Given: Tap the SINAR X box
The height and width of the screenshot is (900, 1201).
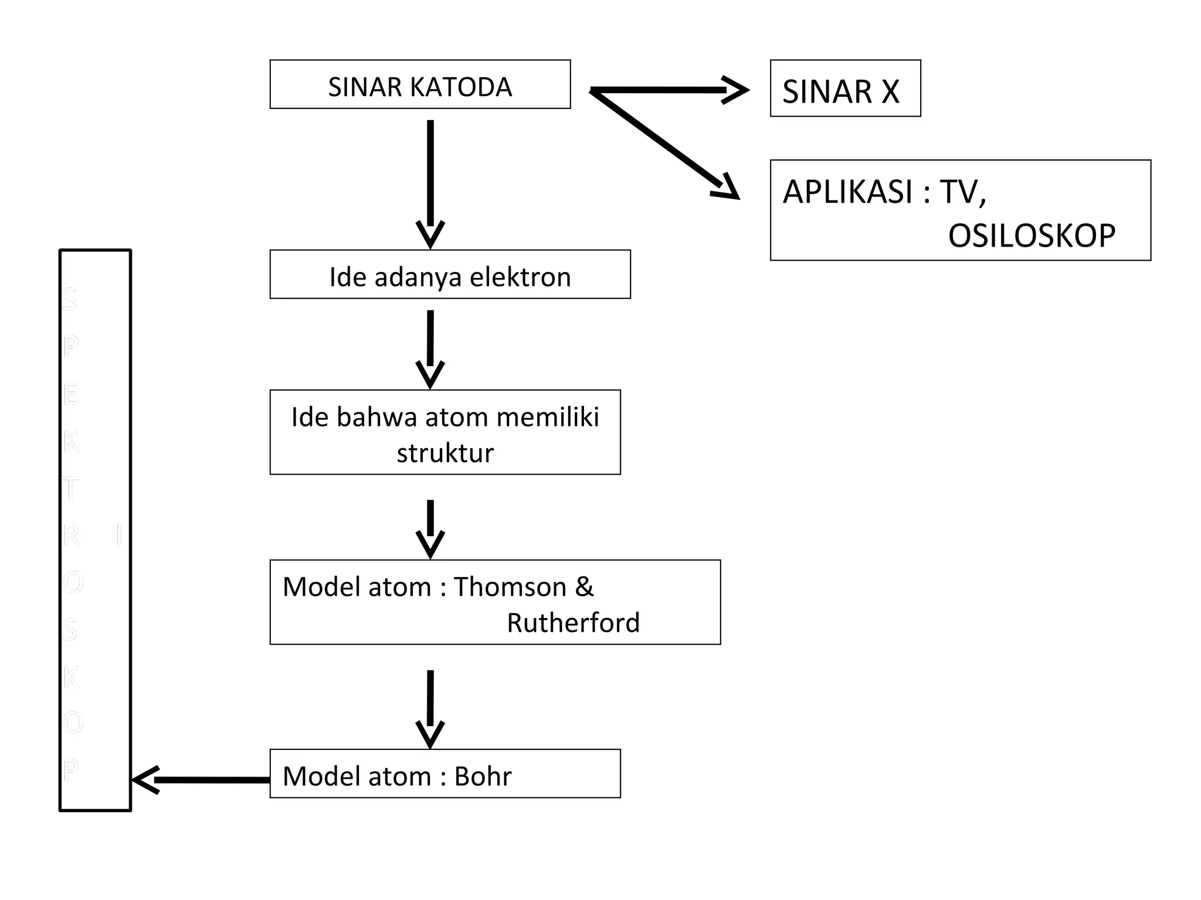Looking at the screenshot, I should (845, 88).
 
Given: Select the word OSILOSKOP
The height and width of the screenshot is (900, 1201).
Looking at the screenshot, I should (1032, 236).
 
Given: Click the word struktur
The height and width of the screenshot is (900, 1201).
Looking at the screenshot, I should (445, 453).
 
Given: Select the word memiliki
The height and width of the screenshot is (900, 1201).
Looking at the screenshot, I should (548, 417).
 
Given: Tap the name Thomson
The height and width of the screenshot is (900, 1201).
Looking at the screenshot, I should (510, 587).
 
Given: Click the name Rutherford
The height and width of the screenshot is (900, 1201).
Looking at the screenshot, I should (573, 622).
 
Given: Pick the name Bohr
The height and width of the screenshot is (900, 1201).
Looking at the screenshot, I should (483, 776).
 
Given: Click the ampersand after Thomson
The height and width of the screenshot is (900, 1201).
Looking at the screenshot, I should (584, 587).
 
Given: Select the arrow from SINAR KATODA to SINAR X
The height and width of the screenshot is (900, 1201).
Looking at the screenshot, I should (669, 90).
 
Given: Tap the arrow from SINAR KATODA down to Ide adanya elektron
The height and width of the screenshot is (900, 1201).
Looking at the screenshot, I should (430, 182).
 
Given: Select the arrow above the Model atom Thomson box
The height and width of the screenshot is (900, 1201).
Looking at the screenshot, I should (430, 527).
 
